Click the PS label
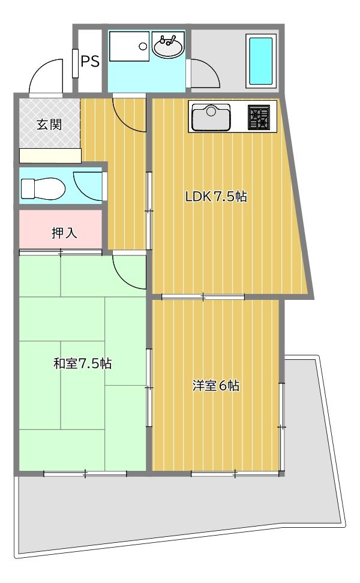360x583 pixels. [x=90, y=61]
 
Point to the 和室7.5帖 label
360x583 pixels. [x=82, y=363]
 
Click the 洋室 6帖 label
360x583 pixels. [x=216, y=386]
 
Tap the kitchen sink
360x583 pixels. [x=211, y=116]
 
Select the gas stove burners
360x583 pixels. [x=260, y=116]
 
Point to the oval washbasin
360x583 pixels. [x=168, y=47]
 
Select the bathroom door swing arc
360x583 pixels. [x=203, y=74]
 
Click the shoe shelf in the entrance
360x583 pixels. [x=50, y=156]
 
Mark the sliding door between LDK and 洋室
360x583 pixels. [x=203, y=296]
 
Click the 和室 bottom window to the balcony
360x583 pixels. [x=85, y=474]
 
